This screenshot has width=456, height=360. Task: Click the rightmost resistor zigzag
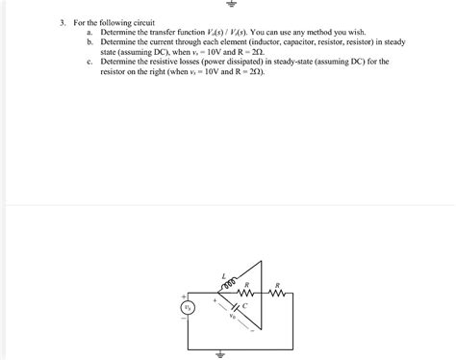coord(278,295)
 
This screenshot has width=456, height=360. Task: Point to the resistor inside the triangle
coord(246,295)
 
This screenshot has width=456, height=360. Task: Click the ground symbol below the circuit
coord(223,352)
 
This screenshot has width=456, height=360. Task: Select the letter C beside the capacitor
coord(244,306)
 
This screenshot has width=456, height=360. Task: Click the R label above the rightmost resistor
coord(278,285)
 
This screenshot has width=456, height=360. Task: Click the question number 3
coord(60,21)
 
